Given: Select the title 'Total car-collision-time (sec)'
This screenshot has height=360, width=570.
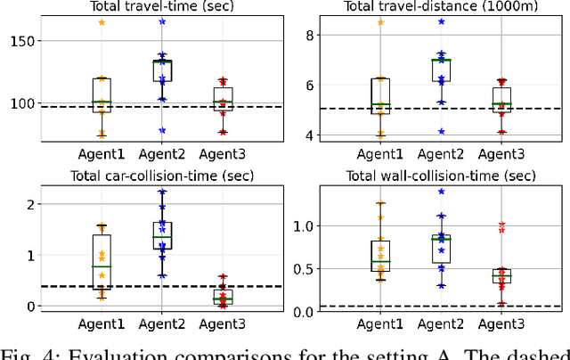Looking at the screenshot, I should pyautogui.click(x=148, y=175).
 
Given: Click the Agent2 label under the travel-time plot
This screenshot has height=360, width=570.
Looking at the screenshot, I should pyautogui.click(x=161, y=153).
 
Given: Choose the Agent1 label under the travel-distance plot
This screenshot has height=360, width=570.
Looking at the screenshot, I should pyautogui.click(x=381, y=153).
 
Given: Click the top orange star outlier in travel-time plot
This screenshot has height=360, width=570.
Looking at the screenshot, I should pyautogui.click(x=101, y=22).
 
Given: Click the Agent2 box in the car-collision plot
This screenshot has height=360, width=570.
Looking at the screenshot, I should pyautogui.click(x=162, y=235).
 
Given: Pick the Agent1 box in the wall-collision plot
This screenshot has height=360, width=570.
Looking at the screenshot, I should pyautogui.click(x=381, y=256).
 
